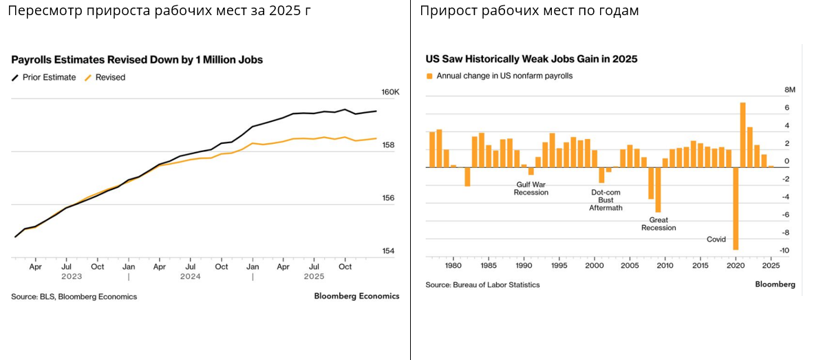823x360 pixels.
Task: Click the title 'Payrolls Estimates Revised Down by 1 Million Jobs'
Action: tap(137, 60)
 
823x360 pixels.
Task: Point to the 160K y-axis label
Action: tap(390, 92)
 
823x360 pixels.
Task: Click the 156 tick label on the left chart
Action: tap(387, 198)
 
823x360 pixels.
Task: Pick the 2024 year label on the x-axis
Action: tap(191, 277)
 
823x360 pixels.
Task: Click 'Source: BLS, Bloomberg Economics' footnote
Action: tap(74, 297)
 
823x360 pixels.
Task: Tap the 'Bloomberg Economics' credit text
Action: tap(356, 297)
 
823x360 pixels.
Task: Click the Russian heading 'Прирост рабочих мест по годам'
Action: tap(529, 11)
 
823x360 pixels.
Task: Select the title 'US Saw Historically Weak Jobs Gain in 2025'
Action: tap(531, 59)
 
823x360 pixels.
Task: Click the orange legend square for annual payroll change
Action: tap(429, 76)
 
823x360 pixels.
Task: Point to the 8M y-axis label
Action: tap(790, 90)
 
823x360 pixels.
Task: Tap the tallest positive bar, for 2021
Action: tap(743, 134)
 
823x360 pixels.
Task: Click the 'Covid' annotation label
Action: tap(716, 240)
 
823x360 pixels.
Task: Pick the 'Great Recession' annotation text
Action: tap(659, 224)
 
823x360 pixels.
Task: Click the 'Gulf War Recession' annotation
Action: tap(531, 188)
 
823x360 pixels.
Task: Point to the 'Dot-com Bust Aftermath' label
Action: tap(606, 200)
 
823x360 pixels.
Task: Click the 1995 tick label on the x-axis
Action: tap(559, 266)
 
